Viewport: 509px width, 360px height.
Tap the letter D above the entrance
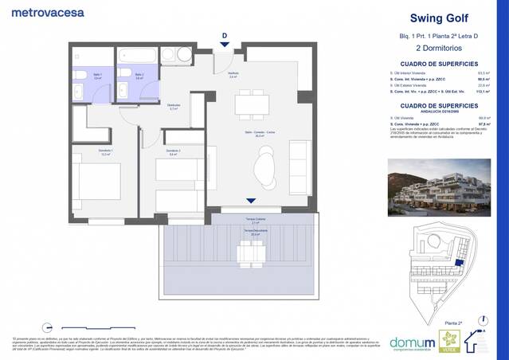point(225,36)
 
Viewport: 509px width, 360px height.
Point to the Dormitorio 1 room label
point(84,154)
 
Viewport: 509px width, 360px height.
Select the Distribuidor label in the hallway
point(173,106)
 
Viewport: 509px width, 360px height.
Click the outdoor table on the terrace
point(252,252)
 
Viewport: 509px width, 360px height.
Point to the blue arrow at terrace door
point(252,202)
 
